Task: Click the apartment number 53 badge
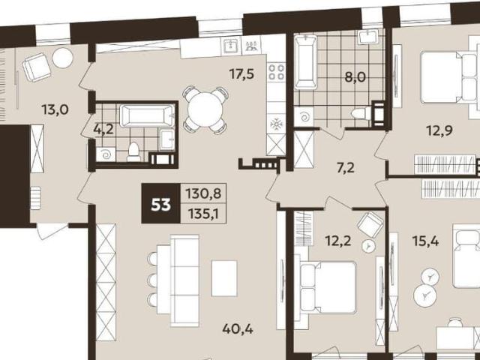click(160, 203)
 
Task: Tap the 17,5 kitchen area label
click(241, 73)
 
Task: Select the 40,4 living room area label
click(238, 329)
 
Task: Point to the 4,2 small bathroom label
click(103, 129)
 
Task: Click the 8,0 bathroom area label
click(355, 77)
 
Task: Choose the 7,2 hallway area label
click(346, 168)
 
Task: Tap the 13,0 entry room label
click(55, 109)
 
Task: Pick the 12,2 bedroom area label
click(338, 241)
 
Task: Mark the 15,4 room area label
click(425, 241)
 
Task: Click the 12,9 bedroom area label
click(440, 130)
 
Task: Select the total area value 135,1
click(203, 214)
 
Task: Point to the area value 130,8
click(203, 193)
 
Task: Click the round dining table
click(205, 109)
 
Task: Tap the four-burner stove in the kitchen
click(277, 72)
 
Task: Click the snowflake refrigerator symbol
click(276, 124)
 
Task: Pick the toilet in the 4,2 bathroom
click(133, 151)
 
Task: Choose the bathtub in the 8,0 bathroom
click(306, 62)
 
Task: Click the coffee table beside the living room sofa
click(224, 278)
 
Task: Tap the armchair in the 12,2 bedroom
click(370, 223)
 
